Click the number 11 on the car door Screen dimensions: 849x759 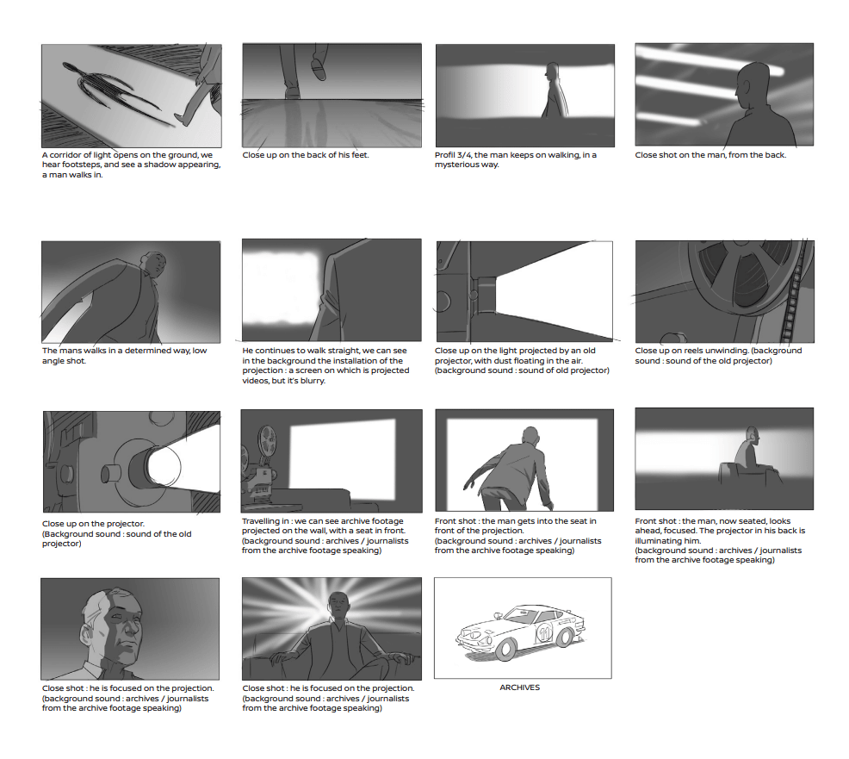tap(544, 632)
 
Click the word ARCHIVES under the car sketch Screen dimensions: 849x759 tap(520, 687)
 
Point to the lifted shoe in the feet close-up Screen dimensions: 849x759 tap(318, 69)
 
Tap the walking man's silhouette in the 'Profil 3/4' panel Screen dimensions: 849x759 tap(554, 91)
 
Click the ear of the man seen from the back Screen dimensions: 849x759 tap(747, 87)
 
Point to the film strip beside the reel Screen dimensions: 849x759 tap(794, 293)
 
